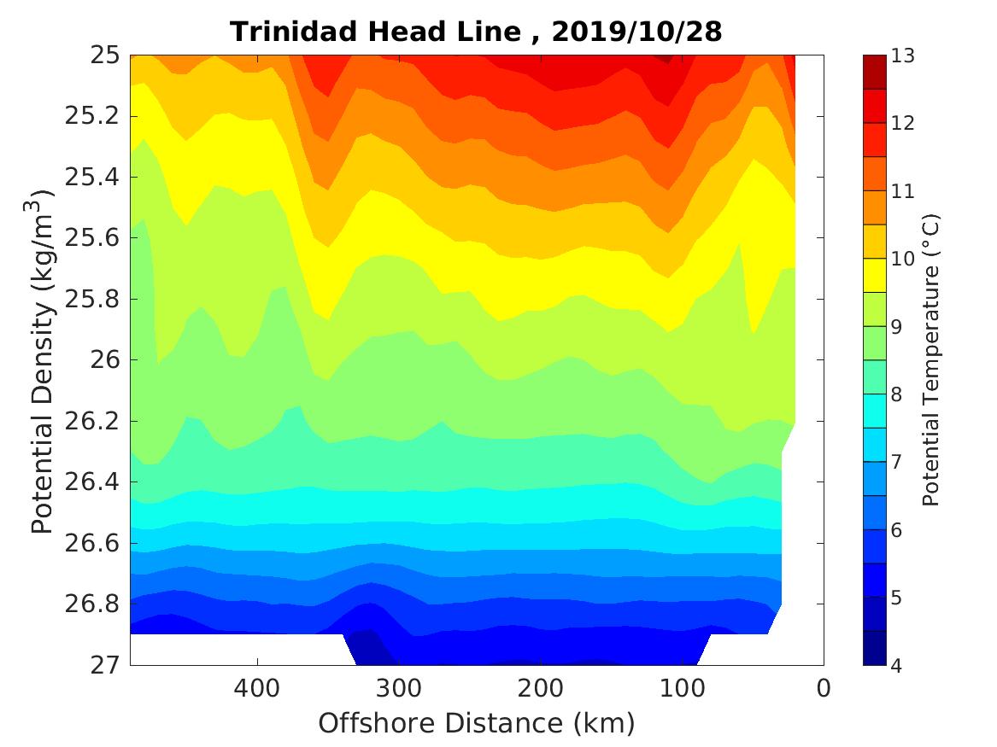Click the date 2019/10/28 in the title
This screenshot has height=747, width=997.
point(637,32)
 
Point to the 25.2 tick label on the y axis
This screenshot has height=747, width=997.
point(91,117)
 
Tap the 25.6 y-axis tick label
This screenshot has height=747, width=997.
point(91,238)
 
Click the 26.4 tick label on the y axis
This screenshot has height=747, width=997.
point(91,482)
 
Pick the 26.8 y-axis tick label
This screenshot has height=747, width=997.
point(91,604)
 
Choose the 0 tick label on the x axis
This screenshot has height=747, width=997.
point(824,688)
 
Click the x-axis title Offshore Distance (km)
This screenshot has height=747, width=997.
point(477,724)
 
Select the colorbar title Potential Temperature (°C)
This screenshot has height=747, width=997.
point(931,360)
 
